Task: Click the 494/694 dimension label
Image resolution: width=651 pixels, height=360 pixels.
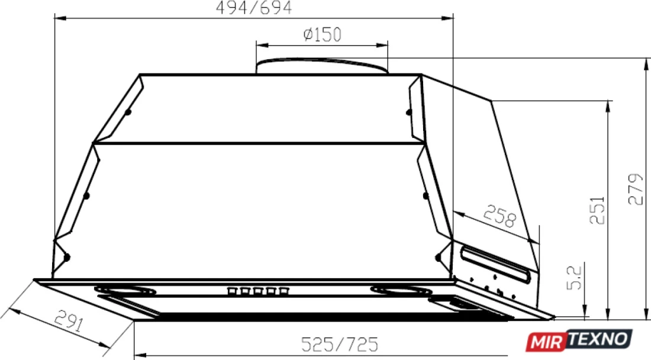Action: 254,8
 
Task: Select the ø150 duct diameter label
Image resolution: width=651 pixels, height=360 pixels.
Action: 323,34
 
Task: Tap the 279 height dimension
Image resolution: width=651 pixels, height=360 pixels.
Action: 636,189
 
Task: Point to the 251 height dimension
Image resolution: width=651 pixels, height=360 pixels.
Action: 598,211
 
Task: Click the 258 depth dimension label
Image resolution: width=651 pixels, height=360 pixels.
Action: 499,216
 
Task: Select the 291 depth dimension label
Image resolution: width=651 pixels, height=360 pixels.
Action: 69,320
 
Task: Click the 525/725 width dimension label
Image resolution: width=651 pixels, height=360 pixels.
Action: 340,344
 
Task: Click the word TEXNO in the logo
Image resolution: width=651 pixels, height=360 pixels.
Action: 598,339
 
